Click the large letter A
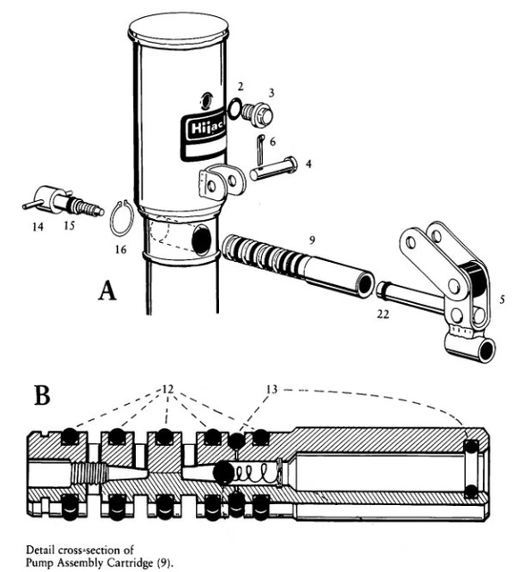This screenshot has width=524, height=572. [x=107, y=290]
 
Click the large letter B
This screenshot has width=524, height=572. [x=42, y=395]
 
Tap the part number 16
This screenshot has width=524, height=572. [x=121, y=249]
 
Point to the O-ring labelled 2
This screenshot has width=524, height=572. [x=235, y=108]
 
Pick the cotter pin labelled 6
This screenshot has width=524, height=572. [x=261, y=149]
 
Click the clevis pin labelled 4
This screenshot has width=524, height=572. [x=274, y=168]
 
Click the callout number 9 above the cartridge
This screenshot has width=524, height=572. [x=311, y=240]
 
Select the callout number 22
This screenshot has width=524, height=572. [x=383, y=314]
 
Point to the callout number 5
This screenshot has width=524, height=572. [x=503, y=299]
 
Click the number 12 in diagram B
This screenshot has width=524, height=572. [x=167, y=390]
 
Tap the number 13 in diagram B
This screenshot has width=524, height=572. [x=272, y=390]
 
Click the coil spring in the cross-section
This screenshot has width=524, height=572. [x=256, y=472]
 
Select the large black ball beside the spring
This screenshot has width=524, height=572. [x=224, y=472]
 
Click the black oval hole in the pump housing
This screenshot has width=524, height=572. [x=202, y=240]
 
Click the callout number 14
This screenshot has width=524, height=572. [x=38, y=227]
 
